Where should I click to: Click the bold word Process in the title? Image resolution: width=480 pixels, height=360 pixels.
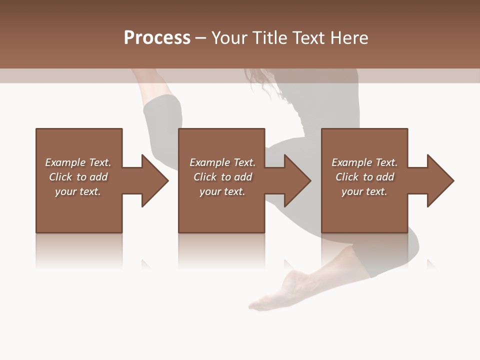[157, 38]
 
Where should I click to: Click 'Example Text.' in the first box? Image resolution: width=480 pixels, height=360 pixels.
[78, 162]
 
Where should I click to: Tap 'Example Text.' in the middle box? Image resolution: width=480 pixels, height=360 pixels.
[222, 162]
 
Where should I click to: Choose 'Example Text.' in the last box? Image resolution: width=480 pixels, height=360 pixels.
[364, 162]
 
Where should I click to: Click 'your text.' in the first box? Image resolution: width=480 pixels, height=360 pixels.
[78, 191]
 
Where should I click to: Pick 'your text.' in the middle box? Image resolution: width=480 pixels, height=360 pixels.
[222, 191]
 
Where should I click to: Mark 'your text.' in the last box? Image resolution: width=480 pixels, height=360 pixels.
[364, 191]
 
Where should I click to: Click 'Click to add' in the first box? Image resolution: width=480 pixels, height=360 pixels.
[78, 177]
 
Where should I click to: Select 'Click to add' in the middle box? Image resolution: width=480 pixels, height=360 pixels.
[222, 177]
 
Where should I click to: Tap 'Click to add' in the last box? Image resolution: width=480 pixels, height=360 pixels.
[364, 177]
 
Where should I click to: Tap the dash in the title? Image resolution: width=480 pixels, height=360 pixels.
[200, 38]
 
